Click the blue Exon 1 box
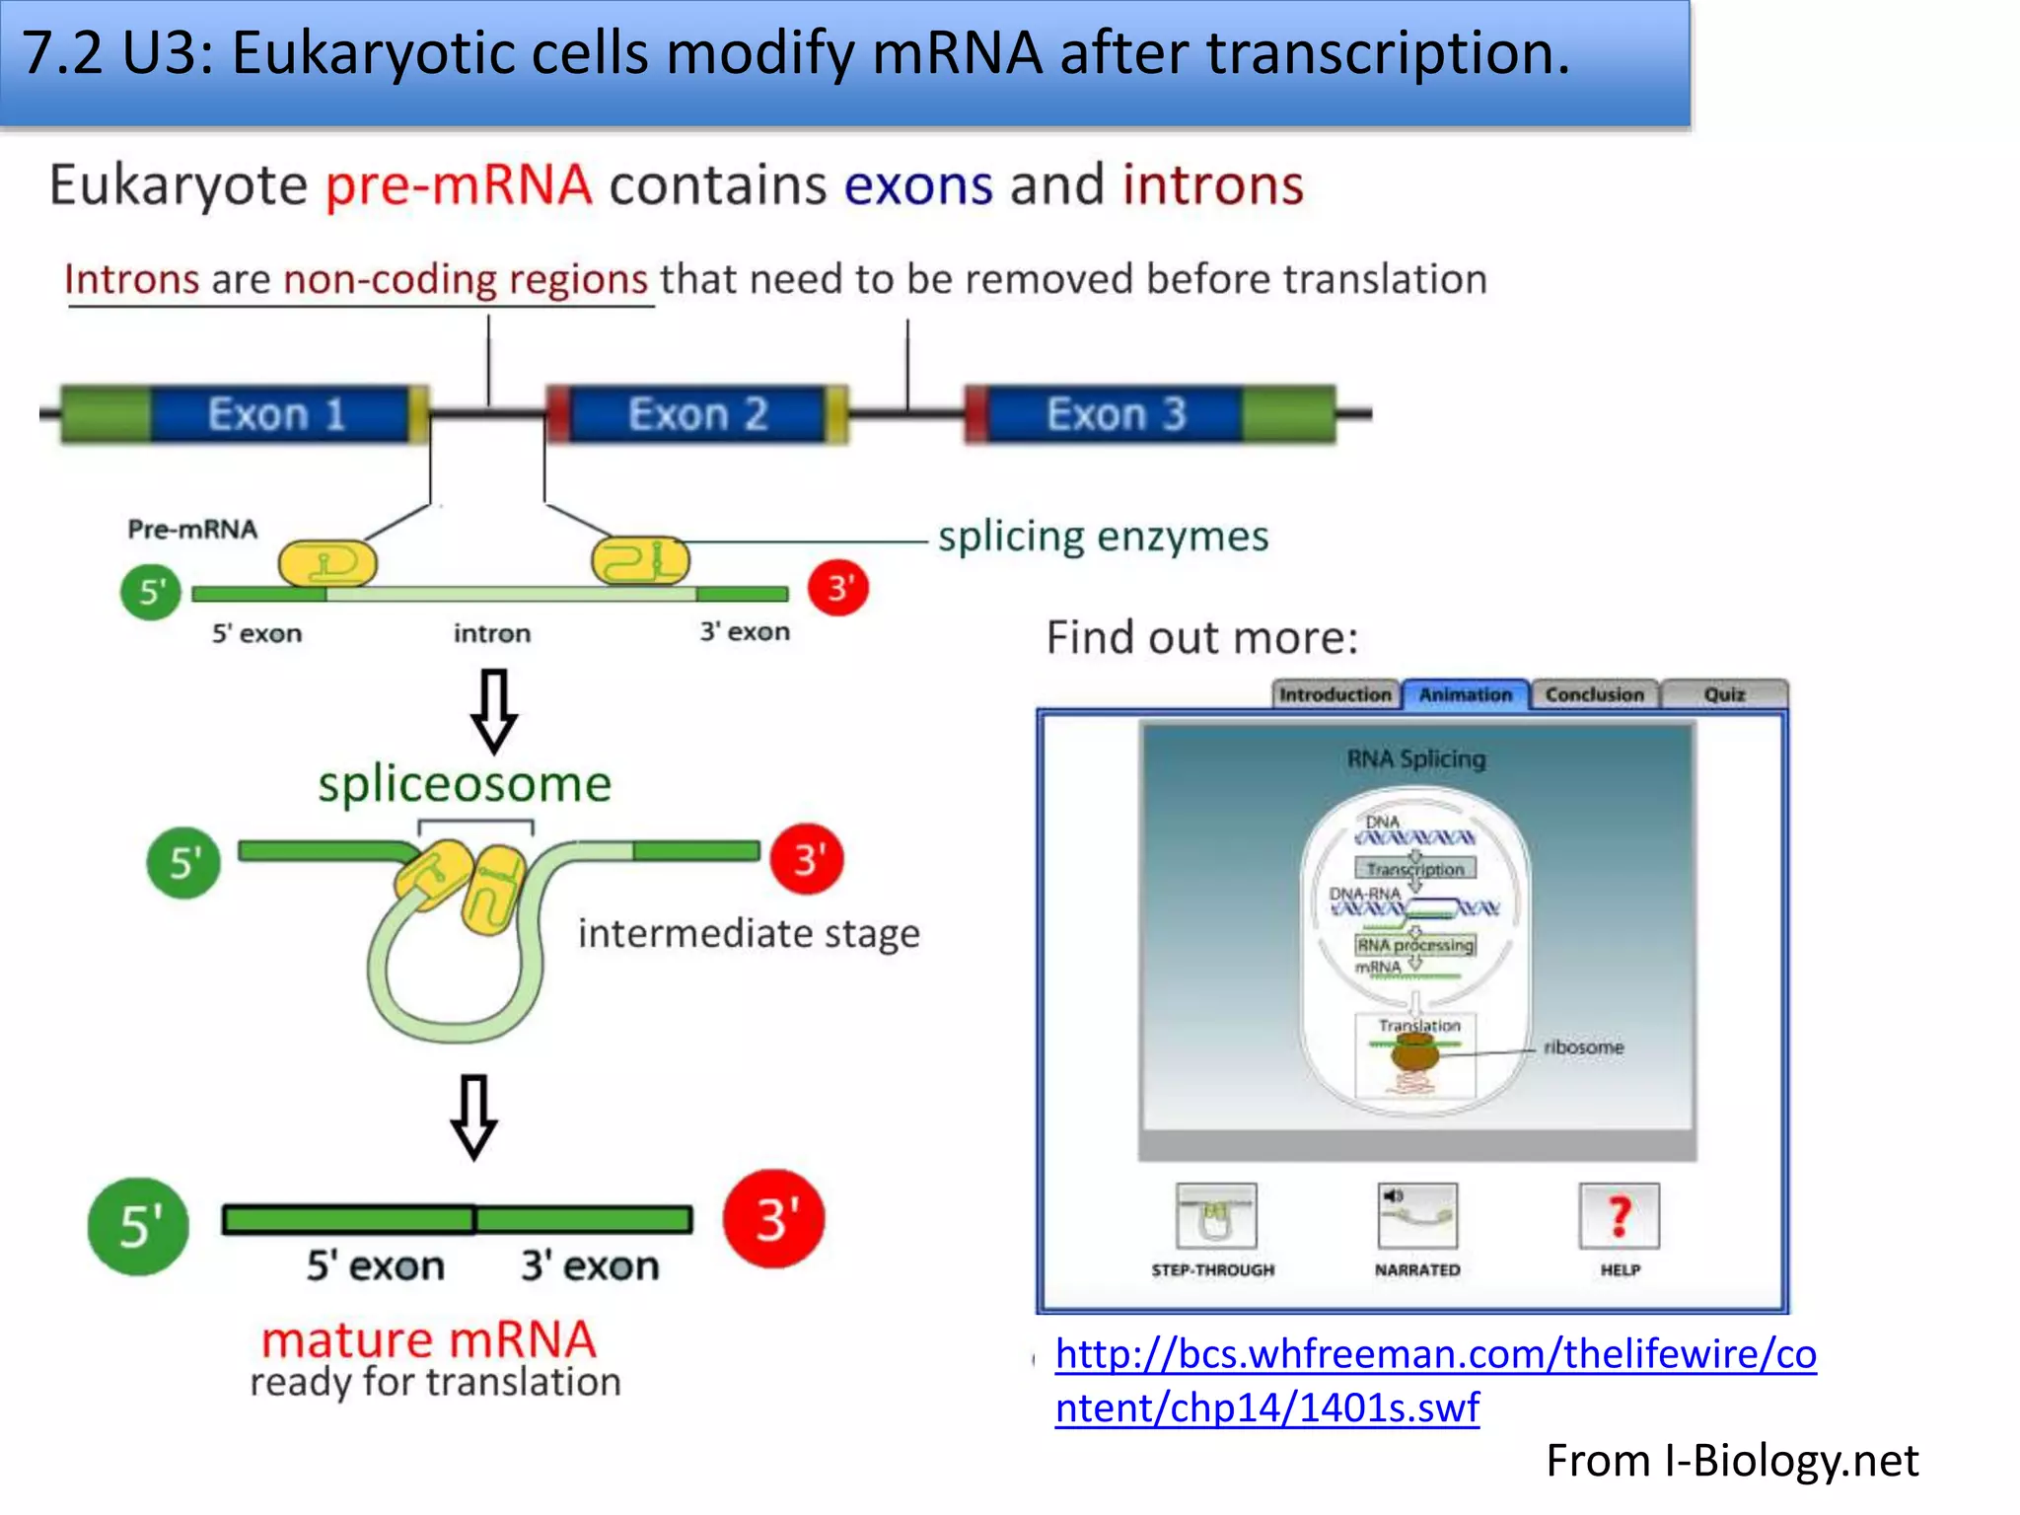tap(278, 414)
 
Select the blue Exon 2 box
tap(697, 414)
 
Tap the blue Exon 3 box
tap(1115, 414)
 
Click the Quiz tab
tap(1724, 694)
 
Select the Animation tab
tap(1465, 694)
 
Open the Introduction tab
tap(1335, 694)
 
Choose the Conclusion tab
tap(1594, 694)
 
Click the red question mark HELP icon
tap(1619, 1216)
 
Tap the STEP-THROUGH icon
tap(1216, 1216)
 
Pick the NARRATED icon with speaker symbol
tap(1417, 1216)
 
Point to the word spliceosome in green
tap(465, 785)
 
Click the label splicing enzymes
tap(1103, 537)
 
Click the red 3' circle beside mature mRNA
tap(774, 1219)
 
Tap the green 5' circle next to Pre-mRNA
tap(151, 592)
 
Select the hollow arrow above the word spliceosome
tap(493, 710)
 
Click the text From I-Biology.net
tap(1732, 1461)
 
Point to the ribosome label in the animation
tap(1583, 1047)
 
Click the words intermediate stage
tap(749, 933)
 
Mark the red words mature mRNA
tap(429, 1339)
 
